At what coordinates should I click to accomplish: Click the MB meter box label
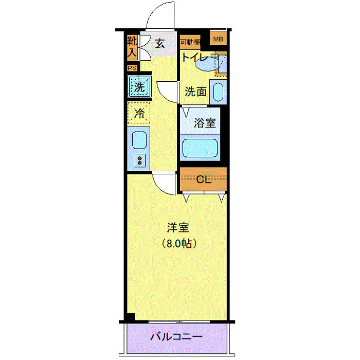pyautogui.click(x=219, y=39)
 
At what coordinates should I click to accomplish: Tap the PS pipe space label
pyautogui.click(x=132, y=67)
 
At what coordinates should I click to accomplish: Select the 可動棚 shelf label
pyautogui.click(x=190, y=42)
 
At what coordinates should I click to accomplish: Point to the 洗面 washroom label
pyautogui.click(x=195, y=92)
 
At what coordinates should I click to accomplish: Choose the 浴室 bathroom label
pyautogui.click(x=204, y=123)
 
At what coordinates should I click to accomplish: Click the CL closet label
pyautogui.click(x=204, y=179)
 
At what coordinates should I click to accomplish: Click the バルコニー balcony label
pyautogui.click(x=176, y=338)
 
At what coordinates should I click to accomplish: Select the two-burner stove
pyautogui.click(x=139, y=160)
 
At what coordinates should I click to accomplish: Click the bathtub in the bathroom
pyautogui.click(x=201, y=148)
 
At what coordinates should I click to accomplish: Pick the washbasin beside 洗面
pyautogui.click(x=218, y=93)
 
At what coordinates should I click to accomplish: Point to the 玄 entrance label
pyautogui.click(x=160, y=44)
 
